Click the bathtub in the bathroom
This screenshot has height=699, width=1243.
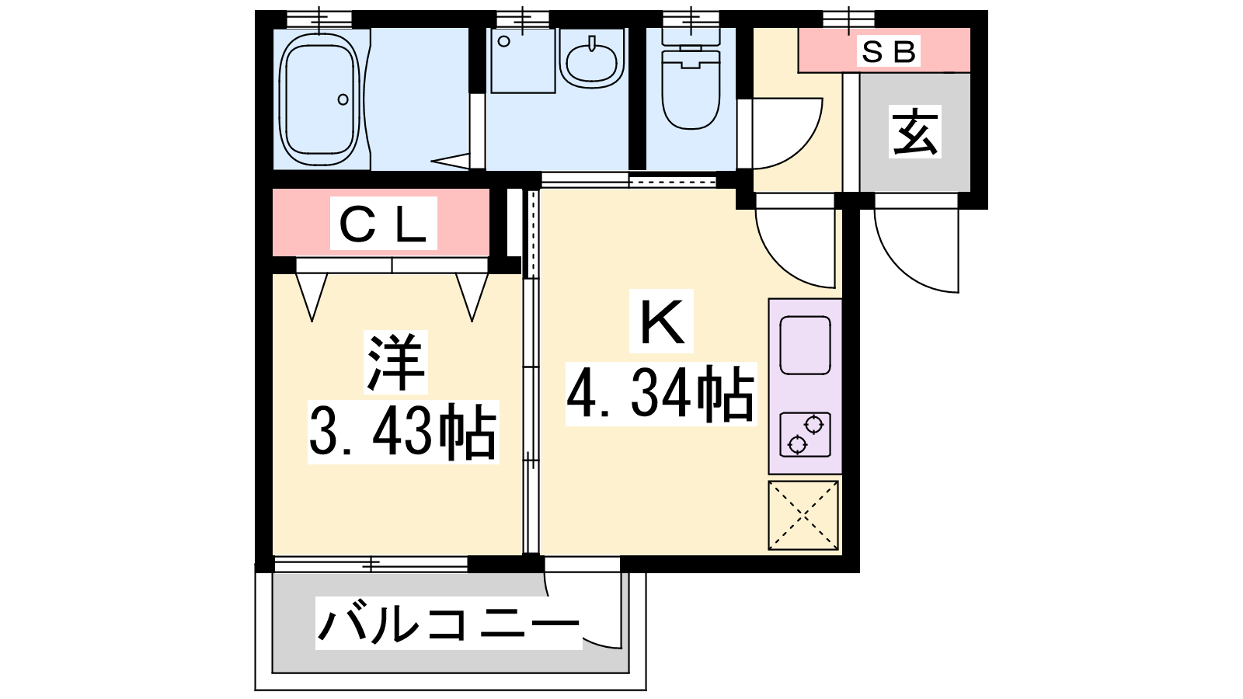pyautogui.click(x=319, y=99)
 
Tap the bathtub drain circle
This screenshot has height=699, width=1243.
pyautogui.click(x=343, y=100)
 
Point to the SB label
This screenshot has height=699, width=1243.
pyautogui.click(x=888, y=51)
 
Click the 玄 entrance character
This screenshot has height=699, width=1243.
pyautogui.click(x=914, y=131)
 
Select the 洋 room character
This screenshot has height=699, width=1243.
pyautogui.click(x=395, y=362)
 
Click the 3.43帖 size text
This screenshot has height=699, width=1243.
pyautogui.click(x=403, y=432)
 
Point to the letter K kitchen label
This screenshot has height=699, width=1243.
pyautogui.click(x=661, y=322)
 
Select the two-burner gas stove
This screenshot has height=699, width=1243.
pyautogui.click(x=805, y=435)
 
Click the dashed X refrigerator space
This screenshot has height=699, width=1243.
pyautogui.click(x=803, y=516)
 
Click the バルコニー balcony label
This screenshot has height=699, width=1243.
pyautogui.click(x=449, y=623)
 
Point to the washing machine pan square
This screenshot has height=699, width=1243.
pyautogui.click(x=523, y=61)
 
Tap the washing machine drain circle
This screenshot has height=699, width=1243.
pyautogui.click(x=504, y=41)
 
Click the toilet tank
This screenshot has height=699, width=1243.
pyautogui.click(x=691, y=37)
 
